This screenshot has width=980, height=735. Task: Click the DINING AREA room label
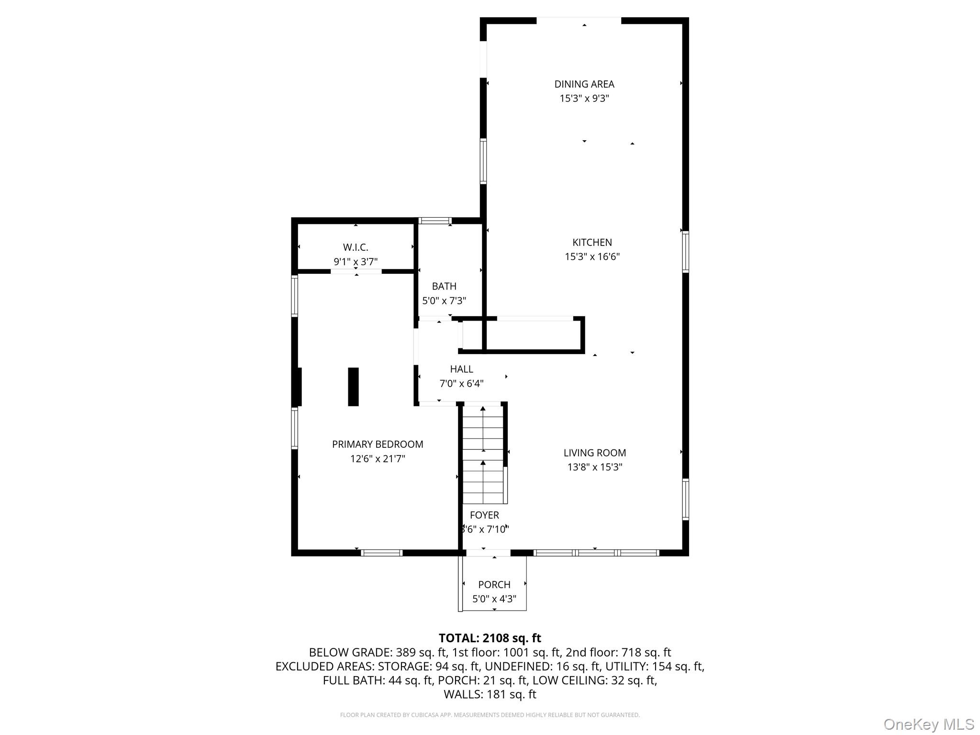click(x=584, y=84)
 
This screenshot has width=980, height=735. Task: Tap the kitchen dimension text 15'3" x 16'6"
click(x=592, y=256)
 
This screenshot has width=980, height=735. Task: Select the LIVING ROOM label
click(x=594, y=453)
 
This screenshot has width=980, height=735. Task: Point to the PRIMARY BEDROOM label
click(x=378, y=444)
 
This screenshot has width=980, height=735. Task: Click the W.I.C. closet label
click(x=356, y=247)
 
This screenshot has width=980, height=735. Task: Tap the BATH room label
click(x=444, y=286)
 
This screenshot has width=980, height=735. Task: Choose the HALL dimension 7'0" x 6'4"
click(x=461, y=383)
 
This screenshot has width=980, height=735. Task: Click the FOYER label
click(x=484, y=515)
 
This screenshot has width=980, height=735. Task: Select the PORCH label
click(x=494, y=584)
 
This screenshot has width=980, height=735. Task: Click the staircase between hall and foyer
click(x=483, y=455)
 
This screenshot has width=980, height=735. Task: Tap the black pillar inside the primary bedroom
click(x=353, y=387)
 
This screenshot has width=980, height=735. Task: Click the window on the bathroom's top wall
click(x=435, y=221)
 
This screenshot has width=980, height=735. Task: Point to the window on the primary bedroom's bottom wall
click(x=381, y=553)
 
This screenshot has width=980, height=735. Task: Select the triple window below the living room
click(x=596, y=553)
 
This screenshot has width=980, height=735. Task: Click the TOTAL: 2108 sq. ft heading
click(x=490, y=638)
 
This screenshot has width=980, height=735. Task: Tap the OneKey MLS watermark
click(x=928, y=724)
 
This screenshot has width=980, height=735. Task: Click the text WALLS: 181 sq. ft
click(x=490, y=694)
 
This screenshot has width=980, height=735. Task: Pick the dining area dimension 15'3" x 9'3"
click(x=584, y=99)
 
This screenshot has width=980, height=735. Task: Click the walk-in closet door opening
click(x=356, y=271)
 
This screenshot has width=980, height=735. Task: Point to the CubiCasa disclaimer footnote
click(x=490, y=715)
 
